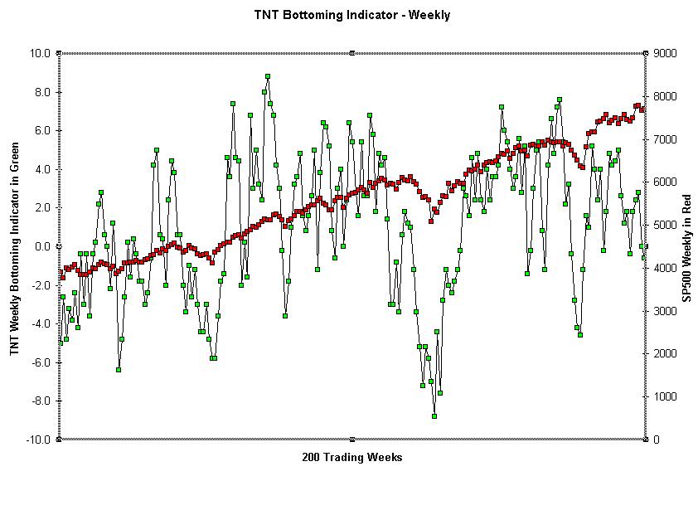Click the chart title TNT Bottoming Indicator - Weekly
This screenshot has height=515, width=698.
point(352,15)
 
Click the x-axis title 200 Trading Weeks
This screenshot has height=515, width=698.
point(352,457)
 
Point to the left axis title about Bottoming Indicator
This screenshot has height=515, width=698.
point(15,249)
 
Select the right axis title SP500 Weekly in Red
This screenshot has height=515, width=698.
point(687,248)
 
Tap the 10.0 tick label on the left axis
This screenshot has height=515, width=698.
point(40,53)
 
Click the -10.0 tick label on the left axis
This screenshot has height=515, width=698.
point(38,440)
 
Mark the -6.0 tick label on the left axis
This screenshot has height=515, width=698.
point(41,362)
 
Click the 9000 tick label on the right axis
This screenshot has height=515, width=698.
point(665,53)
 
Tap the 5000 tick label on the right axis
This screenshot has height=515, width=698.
point(665,225)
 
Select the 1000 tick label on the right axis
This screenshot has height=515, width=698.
point(665,396)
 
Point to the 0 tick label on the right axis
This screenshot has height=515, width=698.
point(657,440)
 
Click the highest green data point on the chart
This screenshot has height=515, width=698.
point(268,76)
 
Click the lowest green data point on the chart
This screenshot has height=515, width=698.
point(434,416)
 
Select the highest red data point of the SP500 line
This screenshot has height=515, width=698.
point(638,105)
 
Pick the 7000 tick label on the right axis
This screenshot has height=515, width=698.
point(665,139)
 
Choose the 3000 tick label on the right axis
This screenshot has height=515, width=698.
point(665,311)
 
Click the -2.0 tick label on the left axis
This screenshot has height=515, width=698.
point(41,285)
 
